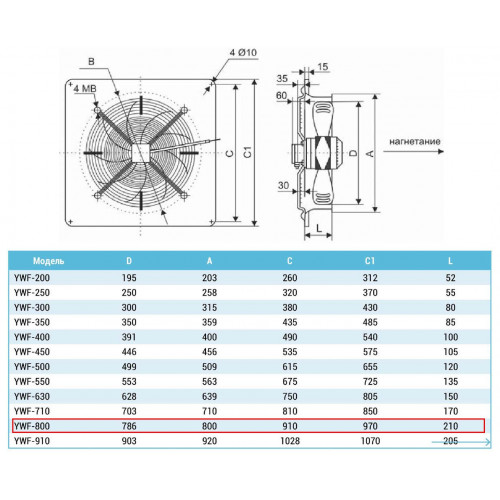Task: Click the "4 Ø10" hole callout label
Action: click(243, 53)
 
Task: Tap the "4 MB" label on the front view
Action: click(85, 89)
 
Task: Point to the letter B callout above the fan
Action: click(91, 61)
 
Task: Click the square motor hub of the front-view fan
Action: click(140, 153)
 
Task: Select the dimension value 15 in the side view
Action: click(323, 67)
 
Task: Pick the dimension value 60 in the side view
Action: click(281, 96)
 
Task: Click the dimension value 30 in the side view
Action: click(283, 185)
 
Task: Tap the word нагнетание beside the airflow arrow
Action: click(415, 141)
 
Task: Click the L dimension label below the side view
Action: click(319, 228)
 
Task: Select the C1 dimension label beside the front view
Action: click(247, 152)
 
